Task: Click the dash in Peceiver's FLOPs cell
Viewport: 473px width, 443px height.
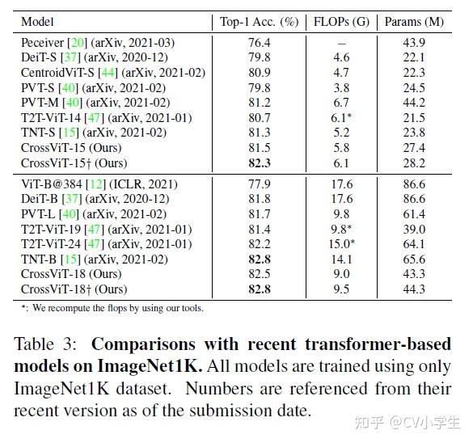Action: tap(341, 42)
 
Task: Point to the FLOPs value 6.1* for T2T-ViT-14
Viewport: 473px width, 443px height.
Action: tap(341, 117)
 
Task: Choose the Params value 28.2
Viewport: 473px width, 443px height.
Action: tap(413, 162)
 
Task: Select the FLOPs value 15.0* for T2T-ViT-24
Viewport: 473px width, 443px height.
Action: tap(341, 243)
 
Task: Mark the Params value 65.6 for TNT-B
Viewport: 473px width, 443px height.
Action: tap(413, 259)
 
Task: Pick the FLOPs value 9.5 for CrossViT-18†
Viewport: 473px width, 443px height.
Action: tap(341, 289)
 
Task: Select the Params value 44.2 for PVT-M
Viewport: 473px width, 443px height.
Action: tap(413, 102)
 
